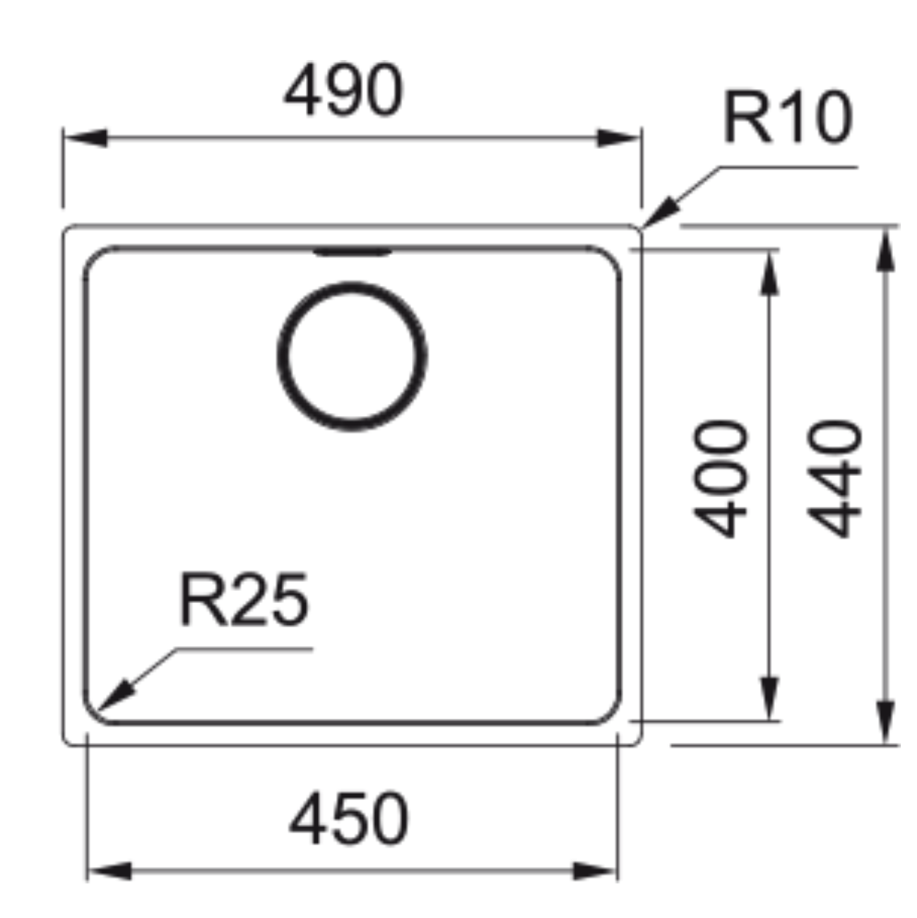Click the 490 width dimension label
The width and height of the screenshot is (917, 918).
343,89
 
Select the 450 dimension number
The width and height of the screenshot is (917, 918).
349,818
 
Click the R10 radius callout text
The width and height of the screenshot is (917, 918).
787,116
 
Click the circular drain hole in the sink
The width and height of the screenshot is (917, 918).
353,357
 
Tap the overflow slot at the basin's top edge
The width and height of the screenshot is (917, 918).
353,251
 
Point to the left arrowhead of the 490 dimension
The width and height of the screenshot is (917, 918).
85,138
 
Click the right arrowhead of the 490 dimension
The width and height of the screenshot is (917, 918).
618,138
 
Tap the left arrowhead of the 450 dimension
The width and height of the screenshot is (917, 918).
110,871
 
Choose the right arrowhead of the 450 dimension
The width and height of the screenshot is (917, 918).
594,871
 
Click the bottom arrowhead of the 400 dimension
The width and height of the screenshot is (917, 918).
770,698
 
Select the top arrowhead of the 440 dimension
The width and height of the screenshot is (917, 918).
885,251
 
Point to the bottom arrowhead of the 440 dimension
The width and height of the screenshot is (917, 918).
885,722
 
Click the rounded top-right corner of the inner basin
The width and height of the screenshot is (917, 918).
611,257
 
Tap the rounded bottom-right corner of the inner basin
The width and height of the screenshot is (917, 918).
611,713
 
